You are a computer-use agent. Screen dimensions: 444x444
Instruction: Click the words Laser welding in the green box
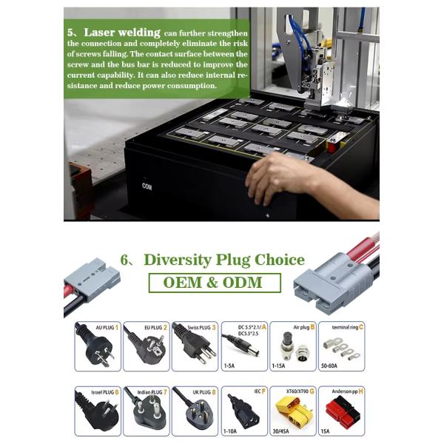coord(122,33)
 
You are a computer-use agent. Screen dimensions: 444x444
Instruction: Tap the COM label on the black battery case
coord(147,186)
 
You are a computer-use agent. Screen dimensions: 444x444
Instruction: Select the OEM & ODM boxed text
coord(213,283)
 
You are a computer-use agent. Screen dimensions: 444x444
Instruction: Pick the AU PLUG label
coord(105,328)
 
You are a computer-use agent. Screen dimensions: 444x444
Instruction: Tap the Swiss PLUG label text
coord(199,328)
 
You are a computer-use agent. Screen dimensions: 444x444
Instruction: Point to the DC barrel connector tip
coord(256,352)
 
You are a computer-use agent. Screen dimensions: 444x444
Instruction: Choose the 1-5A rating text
coord(229,366)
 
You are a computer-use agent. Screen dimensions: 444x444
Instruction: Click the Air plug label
coord(301,327)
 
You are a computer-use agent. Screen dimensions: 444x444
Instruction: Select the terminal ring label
coord(345,327)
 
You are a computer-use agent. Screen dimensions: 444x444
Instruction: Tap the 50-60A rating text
coord(329,366)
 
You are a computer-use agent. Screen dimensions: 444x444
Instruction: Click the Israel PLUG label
coord(103,392)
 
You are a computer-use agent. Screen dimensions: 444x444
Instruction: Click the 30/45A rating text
coord(281,431)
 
